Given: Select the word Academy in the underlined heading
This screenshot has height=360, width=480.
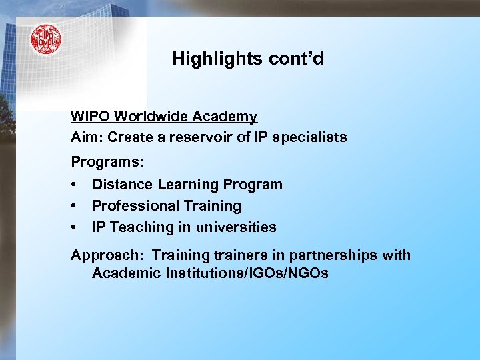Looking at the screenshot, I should (225, 117).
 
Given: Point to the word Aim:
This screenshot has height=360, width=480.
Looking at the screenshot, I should (85, 137).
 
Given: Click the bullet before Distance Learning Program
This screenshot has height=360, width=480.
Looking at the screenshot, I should (75, 184).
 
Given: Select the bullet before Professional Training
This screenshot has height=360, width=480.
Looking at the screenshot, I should (75, 205).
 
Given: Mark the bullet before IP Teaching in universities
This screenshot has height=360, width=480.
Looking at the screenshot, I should (75, 227).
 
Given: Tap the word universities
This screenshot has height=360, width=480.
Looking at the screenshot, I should (236, 227).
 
